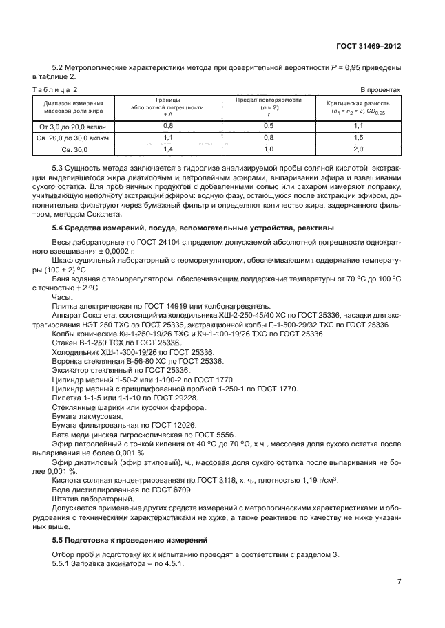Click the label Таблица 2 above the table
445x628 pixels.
56,90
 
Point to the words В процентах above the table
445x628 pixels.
381,90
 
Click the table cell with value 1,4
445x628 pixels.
168,149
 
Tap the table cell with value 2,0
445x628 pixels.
358,149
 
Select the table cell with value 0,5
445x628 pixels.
269,126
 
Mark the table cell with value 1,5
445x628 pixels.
358,137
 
